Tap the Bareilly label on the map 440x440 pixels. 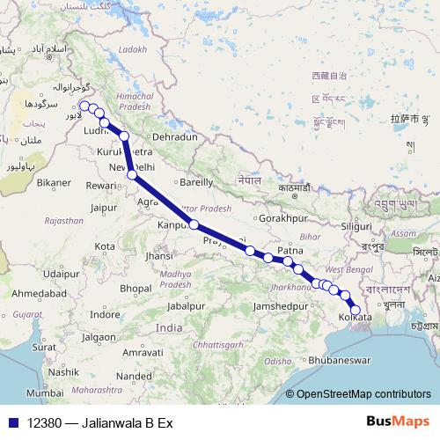196,183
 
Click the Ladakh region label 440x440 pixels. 129,49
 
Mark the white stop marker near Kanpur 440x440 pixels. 194,226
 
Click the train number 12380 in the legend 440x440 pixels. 45,422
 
